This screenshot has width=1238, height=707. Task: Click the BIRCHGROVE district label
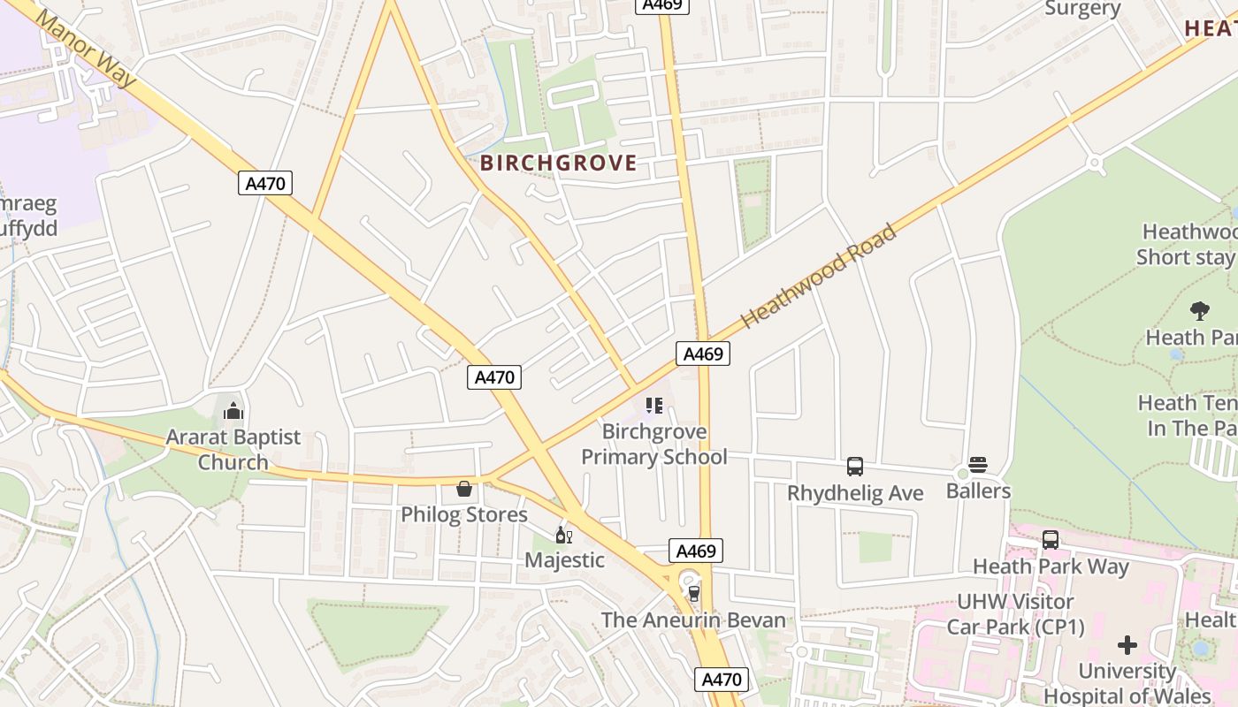pyautogui.click(x=558, y=163)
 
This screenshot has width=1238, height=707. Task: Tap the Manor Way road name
pyautogui.click(x=87, y=49)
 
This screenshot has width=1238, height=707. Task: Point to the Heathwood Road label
pyautogui.click(x=819, y=277)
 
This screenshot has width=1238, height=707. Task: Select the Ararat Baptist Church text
pyautogui.click(x=233, y=450)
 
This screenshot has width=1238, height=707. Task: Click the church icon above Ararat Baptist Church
pyautogui.click(x=233, y=411)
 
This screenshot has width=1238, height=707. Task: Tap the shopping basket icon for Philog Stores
pyautogui.click(x=464, y=489)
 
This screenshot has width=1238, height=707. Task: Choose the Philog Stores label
pyautogui.click(x=464, y=514)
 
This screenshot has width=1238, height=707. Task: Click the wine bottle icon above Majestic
pyautogui.click(x=563, y=535)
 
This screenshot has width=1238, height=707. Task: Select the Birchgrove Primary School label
pyautogui.click(x=654, y=445)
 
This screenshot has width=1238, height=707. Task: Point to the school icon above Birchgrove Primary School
pyautogui.click(x=654, y=406)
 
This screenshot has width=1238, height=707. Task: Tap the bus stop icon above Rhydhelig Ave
pyautogui.click(x=855, y=467)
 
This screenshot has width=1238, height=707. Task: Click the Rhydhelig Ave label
pyautogui.click(x=855, y=493)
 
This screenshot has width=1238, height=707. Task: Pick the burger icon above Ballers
pyautogui.click(x=978, y=465)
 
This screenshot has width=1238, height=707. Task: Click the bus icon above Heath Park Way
pyautogui.click(x=1051, y=539)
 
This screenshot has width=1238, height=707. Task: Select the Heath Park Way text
pyautogui.click(x=1051, y=566)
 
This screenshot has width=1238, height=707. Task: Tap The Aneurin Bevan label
pyautogui.click(x=693, y=620)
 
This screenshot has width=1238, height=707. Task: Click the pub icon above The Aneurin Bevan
pyautogui.click(x=693, y=593)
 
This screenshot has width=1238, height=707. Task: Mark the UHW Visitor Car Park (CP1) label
pyautogui.click(x=1015, y=614)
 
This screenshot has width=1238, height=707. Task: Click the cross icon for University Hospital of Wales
pyautogui.click(x=1127, y=644)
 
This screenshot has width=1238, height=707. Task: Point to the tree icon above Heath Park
pyautogui.click(x=1200, y=310)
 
